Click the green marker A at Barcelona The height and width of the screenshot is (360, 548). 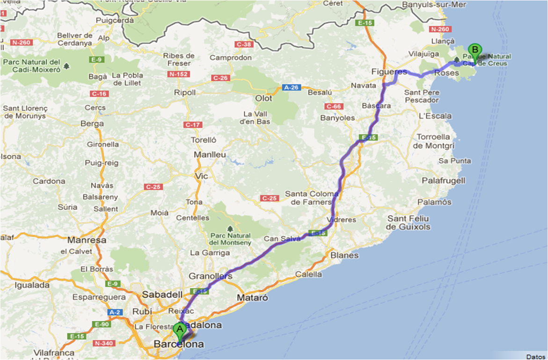(179, 330)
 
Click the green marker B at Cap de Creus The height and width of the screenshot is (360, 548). (475, 50)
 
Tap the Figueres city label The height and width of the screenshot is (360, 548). (389, 72)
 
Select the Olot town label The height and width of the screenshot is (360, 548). (263, 98)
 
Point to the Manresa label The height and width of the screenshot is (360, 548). (87, 240)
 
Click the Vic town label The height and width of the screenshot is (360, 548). (201, 176)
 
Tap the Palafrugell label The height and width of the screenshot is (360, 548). (443, 180)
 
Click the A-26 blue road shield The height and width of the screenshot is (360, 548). (290, 88)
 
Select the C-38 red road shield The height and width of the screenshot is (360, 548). (244, 44)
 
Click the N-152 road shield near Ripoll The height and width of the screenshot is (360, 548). (178, 74)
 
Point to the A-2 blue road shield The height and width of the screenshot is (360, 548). (115, 312)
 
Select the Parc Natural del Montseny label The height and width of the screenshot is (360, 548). (230, 239)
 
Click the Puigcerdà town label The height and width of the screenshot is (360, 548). (115, 20)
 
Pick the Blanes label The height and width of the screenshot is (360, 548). (344, 255)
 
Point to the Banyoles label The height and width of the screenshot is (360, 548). (337, 118)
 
